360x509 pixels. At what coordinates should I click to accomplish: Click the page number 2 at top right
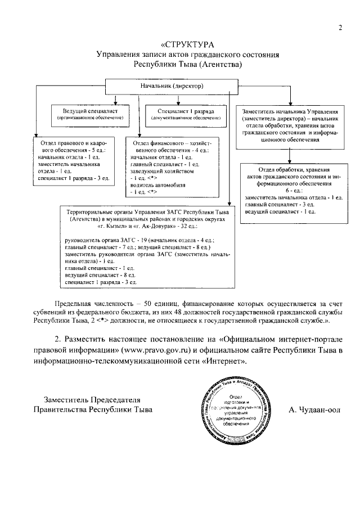coord(340,29)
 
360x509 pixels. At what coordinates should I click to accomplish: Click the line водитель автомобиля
coord(157,184)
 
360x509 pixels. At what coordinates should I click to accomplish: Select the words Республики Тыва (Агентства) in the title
coord(187,64)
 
